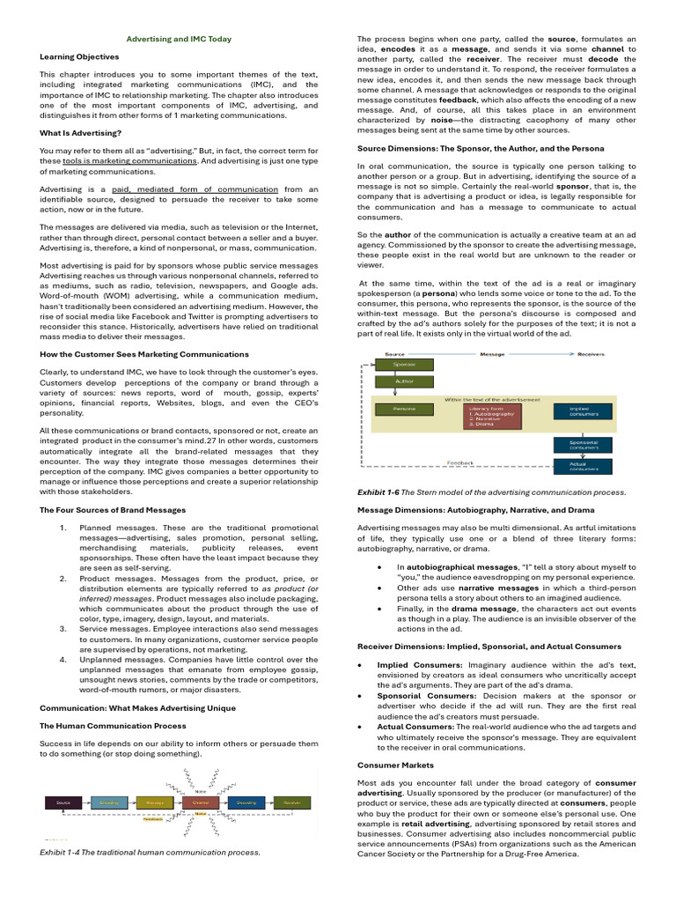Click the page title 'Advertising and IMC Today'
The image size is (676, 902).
point(179,39)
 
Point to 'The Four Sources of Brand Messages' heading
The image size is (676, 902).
point(113,510)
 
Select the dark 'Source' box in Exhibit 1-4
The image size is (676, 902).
point(63,802)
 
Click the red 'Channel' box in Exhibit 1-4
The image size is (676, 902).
point(201,802)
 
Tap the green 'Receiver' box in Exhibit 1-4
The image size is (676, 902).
point(291,802)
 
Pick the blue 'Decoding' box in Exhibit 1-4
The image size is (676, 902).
point(246,802)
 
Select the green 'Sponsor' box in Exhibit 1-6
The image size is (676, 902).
point(404,364)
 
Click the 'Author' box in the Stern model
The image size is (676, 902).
point(404,382)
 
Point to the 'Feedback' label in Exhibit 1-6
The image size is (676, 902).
point(459,462)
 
